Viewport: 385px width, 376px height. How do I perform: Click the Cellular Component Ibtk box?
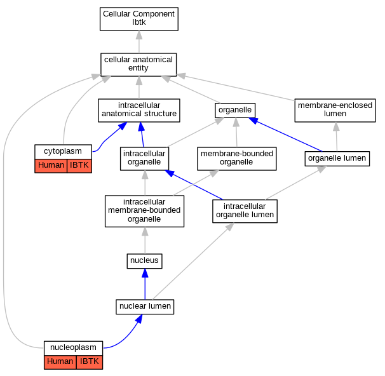coord(139,19)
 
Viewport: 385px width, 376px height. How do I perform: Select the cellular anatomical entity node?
coord(138,65)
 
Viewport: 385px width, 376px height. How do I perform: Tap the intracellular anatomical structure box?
coord(139,111)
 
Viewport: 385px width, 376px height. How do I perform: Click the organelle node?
coord(235,111)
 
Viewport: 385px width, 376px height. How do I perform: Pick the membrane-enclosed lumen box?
coord(335,111)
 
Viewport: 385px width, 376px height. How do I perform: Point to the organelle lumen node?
coord(337,159)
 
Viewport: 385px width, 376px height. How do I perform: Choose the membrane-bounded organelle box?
coord(237,159)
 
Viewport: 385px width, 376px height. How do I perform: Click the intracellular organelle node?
coord(144,159)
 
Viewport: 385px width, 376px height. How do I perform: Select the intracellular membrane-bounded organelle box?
coord(144,211)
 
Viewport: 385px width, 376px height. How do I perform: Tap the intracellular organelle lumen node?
coord(245,211)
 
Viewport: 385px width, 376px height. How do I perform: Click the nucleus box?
coord(144,261)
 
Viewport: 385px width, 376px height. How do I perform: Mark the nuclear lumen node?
coord(145,307)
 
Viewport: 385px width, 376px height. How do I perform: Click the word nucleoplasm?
coord(73,347)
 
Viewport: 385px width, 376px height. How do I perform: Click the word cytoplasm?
coord(63,151)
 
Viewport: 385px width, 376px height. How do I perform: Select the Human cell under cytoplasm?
coord(51,166)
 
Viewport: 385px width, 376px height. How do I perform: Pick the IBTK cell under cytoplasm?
coord(79,166)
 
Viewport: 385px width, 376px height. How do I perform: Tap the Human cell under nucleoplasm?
coord(60,362)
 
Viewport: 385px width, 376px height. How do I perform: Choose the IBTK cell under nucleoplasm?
coord(90,362)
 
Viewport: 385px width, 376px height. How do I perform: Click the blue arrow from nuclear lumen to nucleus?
coord(145,284)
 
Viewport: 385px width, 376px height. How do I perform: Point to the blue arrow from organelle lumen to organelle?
coord(285,135)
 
